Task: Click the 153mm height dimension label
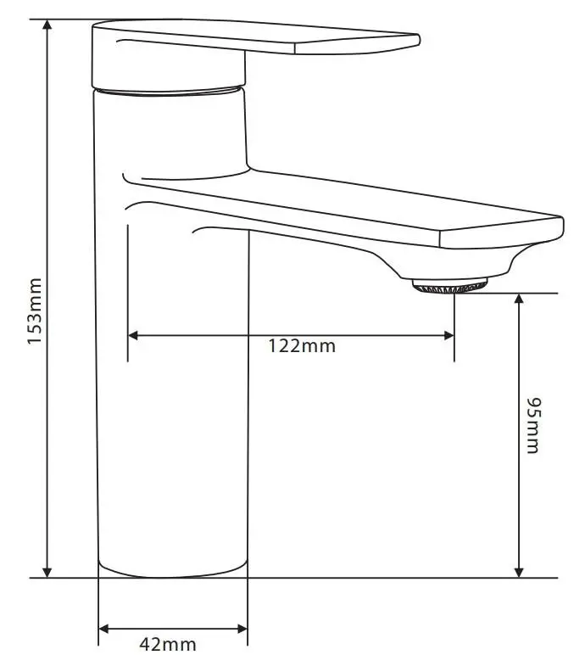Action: point(35,311)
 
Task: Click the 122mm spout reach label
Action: point(302,346)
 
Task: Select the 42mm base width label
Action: point(168,644)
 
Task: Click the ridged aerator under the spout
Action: point(450,286)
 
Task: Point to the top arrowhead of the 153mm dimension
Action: point(47,25)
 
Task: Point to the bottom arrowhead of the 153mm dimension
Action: point(47,572)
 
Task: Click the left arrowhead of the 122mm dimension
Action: point(133,336)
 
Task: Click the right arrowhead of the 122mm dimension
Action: point(448,336)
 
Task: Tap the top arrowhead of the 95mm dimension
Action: point(519,299)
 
